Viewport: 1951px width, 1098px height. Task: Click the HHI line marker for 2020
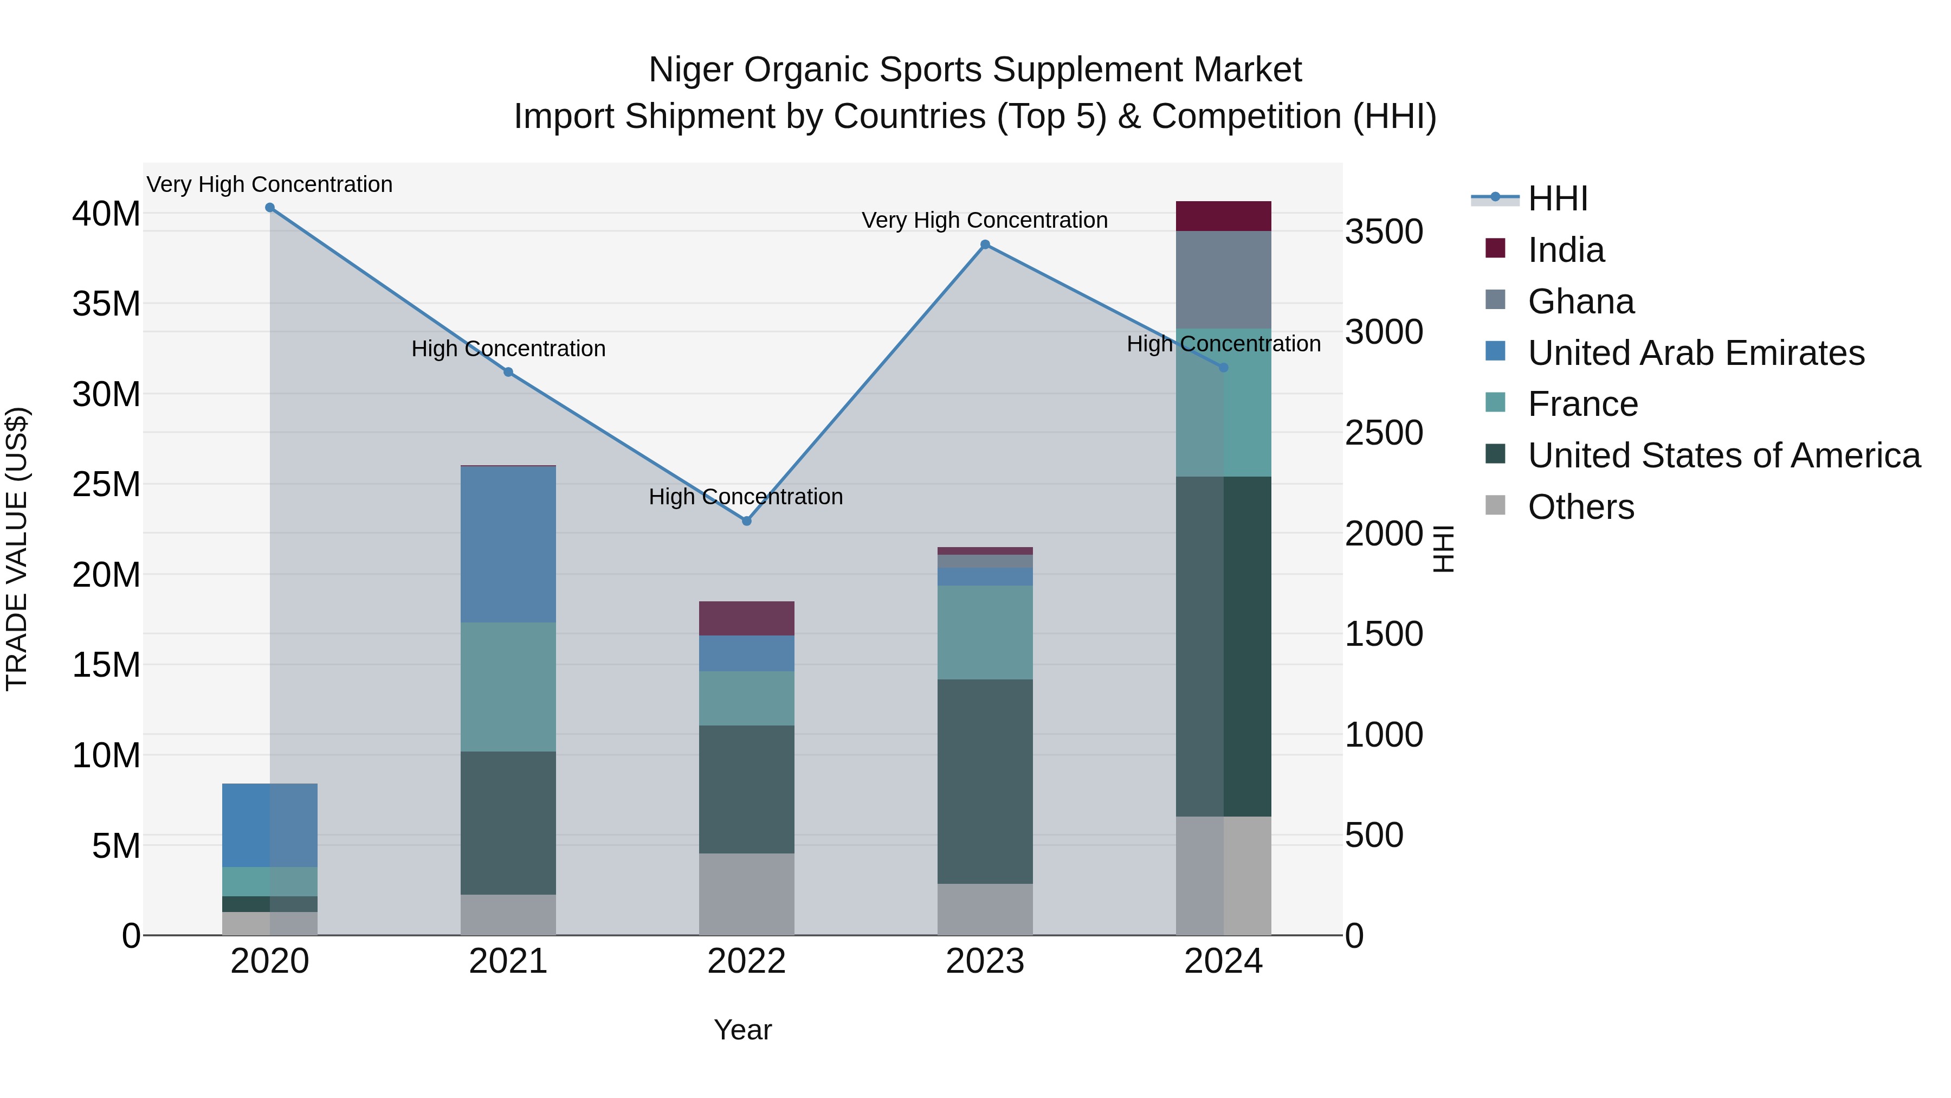(x=270, y=208)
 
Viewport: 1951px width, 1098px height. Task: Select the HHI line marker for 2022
(x=746, y=521)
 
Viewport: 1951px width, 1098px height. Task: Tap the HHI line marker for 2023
(x=985, y=245)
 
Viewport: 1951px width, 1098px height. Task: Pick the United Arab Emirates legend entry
(x=1695, y=353)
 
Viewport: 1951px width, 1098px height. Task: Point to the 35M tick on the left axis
(x=106, y=304)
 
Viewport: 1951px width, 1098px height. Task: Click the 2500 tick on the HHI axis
(x=1384, y=433)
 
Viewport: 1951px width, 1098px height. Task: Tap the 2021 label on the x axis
(x=508, y=961)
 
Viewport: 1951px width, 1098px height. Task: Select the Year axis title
(x=742, y=1030)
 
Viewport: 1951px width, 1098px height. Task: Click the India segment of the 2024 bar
(x=1223, y=216)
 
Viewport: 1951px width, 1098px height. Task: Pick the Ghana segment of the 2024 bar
(x=1223, y=280)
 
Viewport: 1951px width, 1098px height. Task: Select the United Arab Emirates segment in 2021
(x=508, y=544)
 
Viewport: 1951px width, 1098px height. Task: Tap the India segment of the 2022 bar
(x=746, y=618)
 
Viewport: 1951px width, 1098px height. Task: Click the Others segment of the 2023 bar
(x=985, y=909)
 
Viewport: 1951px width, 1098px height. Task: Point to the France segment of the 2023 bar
(x=985, y=632)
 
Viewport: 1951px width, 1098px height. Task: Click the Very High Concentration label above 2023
(x=985, y=221)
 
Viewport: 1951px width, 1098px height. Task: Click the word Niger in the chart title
(x=691, y=70)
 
